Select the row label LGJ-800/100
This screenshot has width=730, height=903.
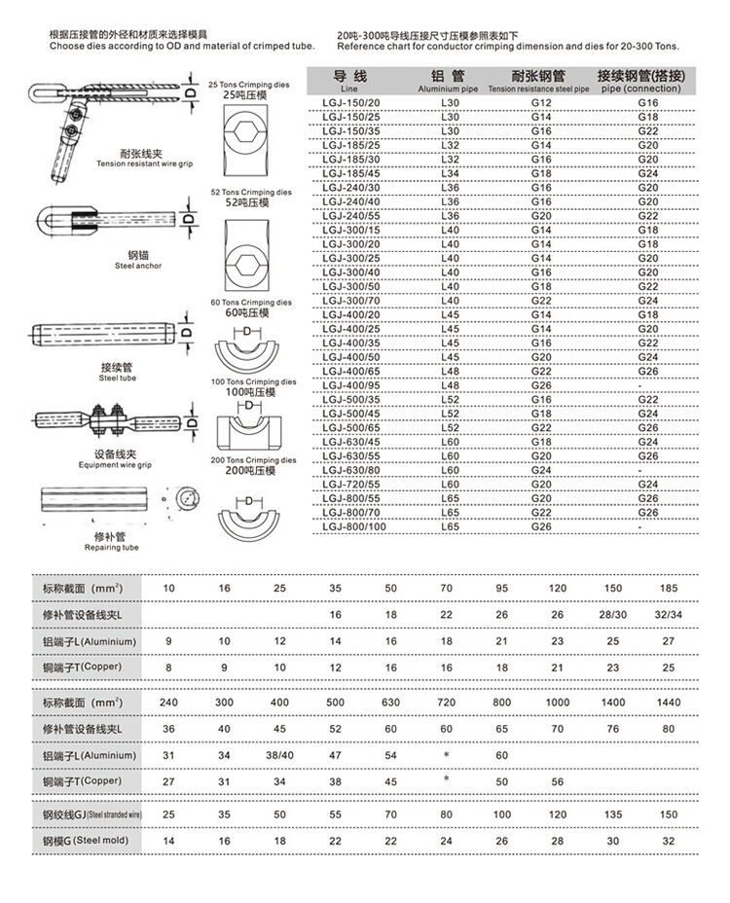[x=353, y=526]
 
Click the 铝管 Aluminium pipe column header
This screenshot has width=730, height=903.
[x=450, y=80]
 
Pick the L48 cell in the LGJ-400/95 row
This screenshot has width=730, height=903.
[x=450, y=385]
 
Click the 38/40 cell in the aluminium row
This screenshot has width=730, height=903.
[x=279, y=755]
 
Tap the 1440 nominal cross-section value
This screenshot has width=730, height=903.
[x=669, y=701]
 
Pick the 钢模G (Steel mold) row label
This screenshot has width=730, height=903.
[x=86, y=840]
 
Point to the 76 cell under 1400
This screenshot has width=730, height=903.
[x=613, y=728]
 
